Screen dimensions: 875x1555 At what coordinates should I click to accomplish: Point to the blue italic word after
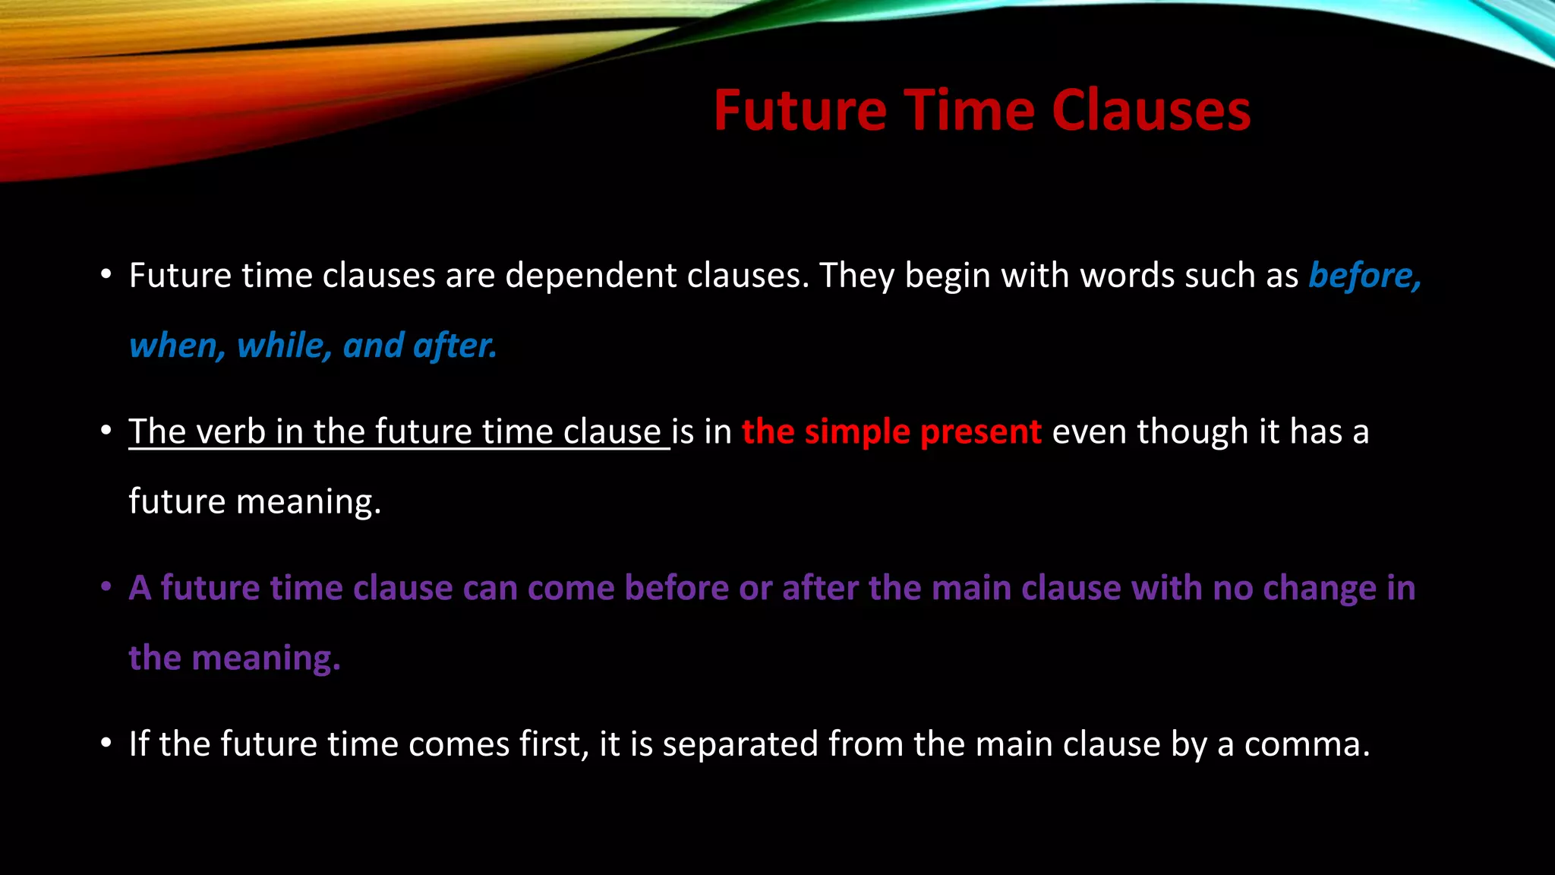[x=455, y=346]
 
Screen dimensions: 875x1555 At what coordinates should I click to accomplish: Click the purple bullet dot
[x=106, y=586]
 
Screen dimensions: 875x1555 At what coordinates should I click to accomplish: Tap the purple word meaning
[x=263, y=659]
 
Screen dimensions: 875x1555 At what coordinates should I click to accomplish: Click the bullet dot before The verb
[x=106, y=431]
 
